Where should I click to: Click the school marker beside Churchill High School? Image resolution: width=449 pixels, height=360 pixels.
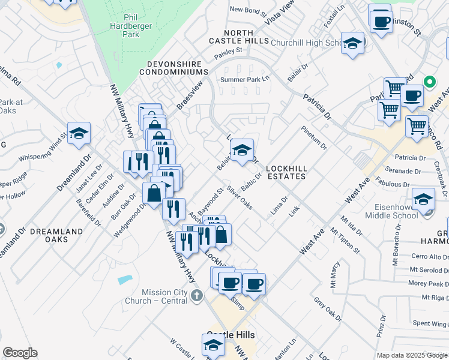pyautogui.click(x=352, y=43)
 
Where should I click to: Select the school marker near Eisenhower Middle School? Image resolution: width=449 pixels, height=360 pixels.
pyautogui.click(x=423, y=200)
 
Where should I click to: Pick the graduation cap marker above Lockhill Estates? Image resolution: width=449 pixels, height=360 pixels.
pyautogui.click(x=242, y=151)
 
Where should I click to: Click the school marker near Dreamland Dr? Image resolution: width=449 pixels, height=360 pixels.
pyautogui.click(x=79, y=134)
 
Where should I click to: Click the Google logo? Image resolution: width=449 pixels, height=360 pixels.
pyautogui.click(x=20, y=353)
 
